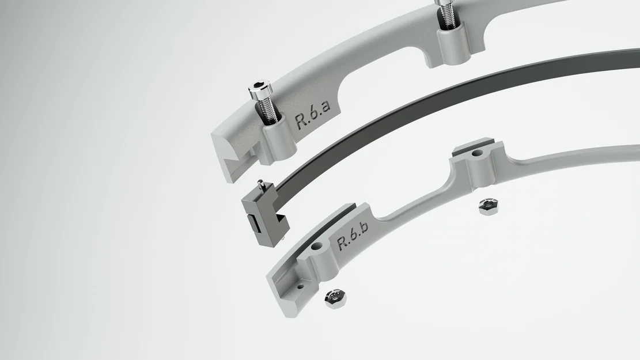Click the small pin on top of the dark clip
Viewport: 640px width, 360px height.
click(x=261, y=184)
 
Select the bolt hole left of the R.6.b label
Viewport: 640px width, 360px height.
click(x=316, y=246)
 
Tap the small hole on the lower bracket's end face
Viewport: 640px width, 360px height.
click(x=300, y=285)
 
